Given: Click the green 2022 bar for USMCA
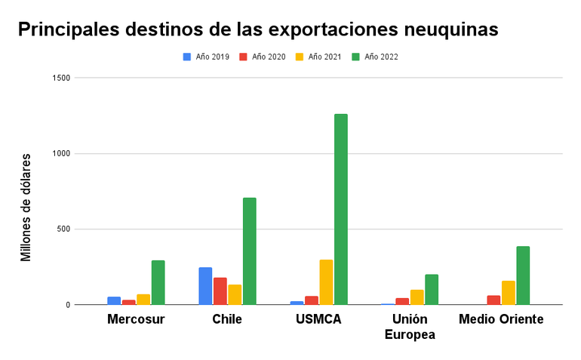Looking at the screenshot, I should coord(341,209).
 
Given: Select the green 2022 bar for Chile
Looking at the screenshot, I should coord(250,251).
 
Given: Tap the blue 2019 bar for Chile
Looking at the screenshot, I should coord(205,286).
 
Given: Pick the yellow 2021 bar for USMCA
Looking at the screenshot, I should coord(326,282).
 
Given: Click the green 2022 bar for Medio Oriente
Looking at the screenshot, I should coord(523,275).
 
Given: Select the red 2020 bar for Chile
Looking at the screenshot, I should coord(220,291).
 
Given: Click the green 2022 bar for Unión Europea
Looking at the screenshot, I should coord(432,290).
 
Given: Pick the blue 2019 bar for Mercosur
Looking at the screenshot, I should coord(114,300).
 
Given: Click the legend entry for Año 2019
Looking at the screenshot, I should coord(207,57).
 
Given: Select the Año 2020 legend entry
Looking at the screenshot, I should coord(263,57).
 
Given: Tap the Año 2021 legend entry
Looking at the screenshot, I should coord(319,57).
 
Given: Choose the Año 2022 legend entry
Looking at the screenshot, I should coord(376,57).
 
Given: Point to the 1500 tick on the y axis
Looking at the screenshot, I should coord(61,78).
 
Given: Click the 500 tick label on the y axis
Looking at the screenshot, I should coord(63,229).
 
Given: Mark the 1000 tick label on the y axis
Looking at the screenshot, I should coord(61,154).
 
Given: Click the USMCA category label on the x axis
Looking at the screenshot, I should coord(318,319).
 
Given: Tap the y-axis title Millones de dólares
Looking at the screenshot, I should coord(26,207).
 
